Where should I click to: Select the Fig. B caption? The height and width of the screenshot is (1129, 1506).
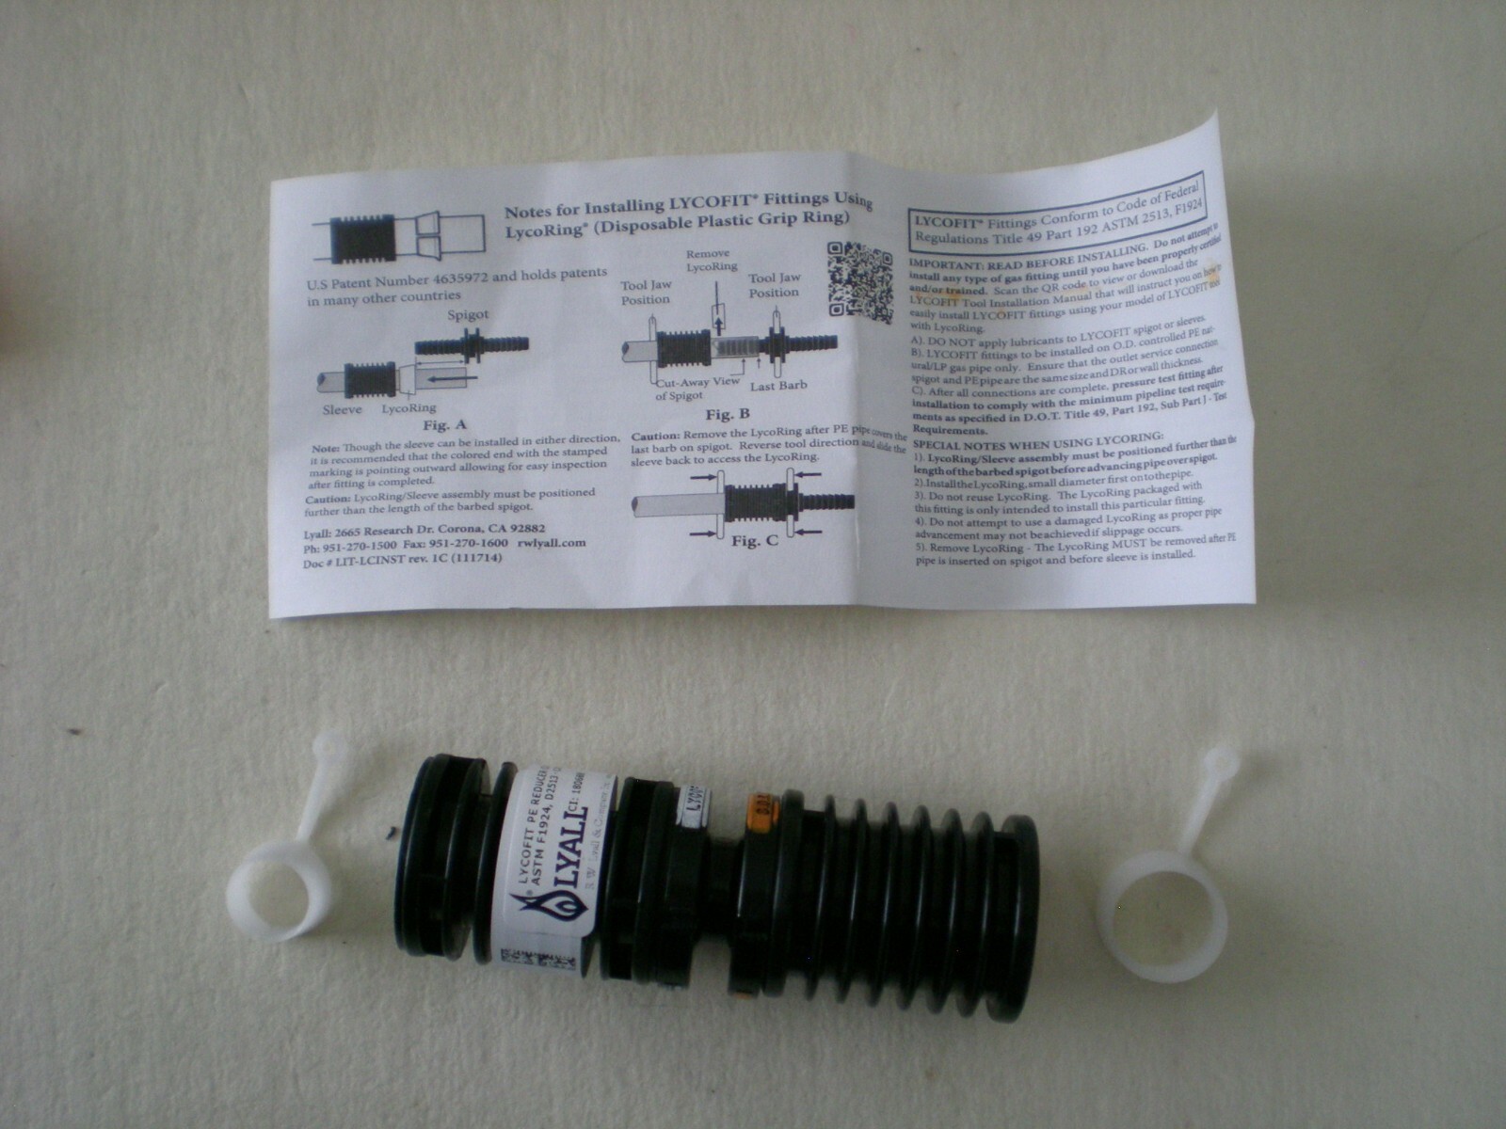point(728,415)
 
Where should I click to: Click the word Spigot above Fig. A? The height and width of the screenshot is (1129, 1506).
point(468,317)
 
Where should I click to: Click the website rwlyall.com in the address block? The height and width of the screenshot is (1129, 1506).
point(552,543)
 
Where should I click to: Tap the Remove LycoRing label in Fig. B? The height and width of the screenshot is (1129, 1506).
point(713,261)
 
